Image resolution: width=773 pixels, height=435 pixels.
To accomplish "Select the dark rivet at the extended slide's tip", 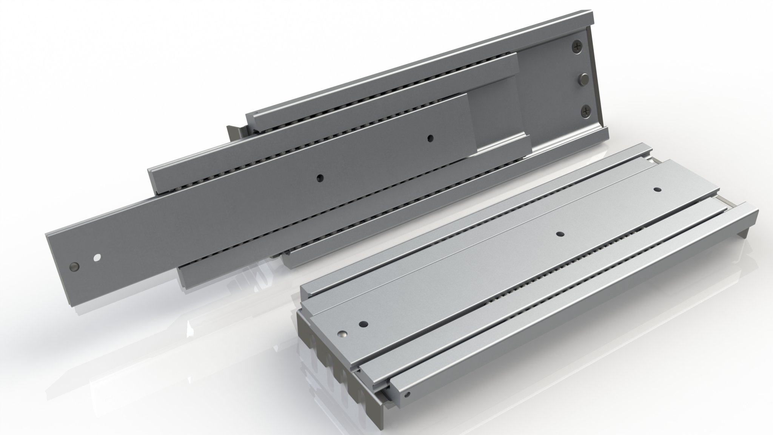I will (74, 266).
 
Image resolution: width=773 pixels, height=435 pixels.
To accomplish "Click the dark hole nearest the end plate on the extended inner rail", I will (430, 139).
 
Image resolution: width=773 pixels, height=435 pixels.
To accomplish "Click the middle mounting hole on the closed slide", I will (559, 234).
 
